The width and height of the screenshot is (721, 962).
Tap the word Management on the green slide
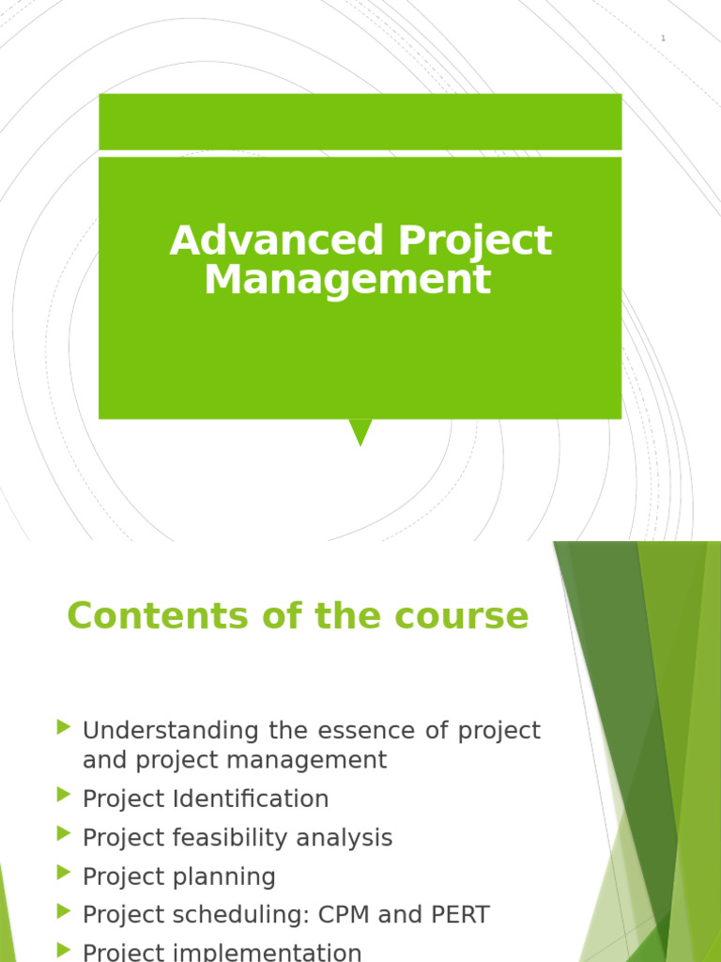(347, 280)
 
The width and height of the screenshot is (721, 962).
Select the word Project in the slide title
(475, 241)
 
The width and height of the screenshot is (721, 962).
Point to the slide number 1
(663, 38)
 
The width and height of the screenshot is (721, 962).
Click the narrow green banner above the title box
(360, 121)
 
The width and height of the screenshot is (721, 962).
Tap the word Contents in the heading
(158, 615)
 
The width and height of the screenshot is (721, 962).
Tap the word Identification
(251, 799)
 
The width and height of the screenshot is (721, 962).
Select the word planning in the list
(223, 877)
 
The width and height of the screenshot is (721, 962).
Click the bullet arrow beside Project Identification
(64, 795)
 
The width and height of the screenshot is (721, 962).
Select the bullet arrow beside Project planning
(64, 873)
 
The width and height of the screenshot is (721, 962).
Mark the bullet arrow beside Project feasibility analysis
(64, 833)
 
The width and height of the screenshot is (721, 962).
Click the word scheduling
(241, 915)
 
